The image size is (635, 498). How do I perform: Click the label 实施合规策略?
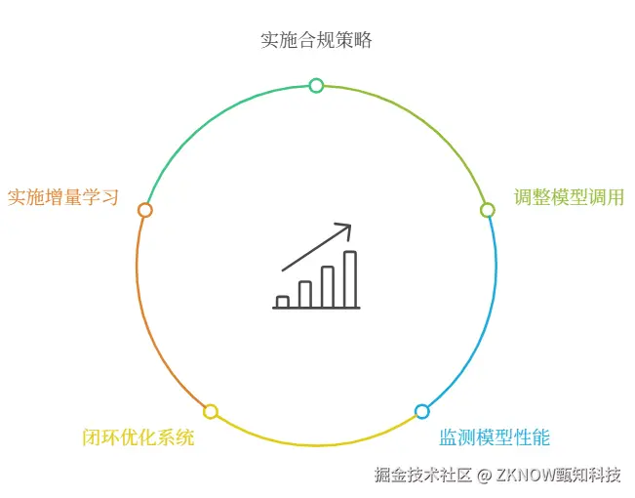click(x=316, y=40)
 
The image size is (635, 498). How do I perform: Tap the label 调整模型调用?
click(x=570, y=197)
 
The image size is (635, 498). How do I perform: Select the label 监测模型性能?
click(x=500, y=436)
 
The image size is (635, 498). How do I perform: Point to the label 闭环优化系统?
click(x=139, y=436)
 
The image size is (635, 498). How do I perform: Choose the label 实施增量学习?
click(x=63, y=197)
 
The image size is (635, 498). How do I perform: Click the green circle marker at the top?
click(x=316, y=86)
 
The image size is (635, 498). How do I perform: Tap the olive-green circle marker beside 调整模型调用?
click(x=488, y=210)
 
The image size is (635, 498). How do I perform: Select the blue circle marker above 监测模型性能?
click(x=421, y=412)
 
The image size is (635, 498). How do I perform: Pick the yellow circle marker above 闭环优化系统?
click(x=211, y=412)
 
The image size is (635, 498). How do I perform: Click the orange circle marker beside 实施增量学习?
click(x=145, y=210)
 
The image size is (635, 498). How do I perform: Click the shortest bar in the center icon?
click(x=283, y=302)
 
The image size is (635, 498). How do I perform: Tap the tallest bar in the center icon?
click(x=349, y=279)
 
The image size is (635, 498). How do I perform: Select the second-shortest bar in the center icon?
click(x=305, y=294)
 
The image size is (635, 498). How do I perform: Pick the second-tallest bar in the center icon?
click(x=328, y=286)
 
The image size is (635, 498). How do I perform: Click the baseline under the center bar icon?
click(x=316, y=309)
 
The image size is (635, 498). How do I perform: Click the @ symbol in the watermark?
click(x=484, y=476)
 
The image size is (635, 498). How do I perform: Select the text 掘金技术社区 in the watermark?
click(x=423, y=476)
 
